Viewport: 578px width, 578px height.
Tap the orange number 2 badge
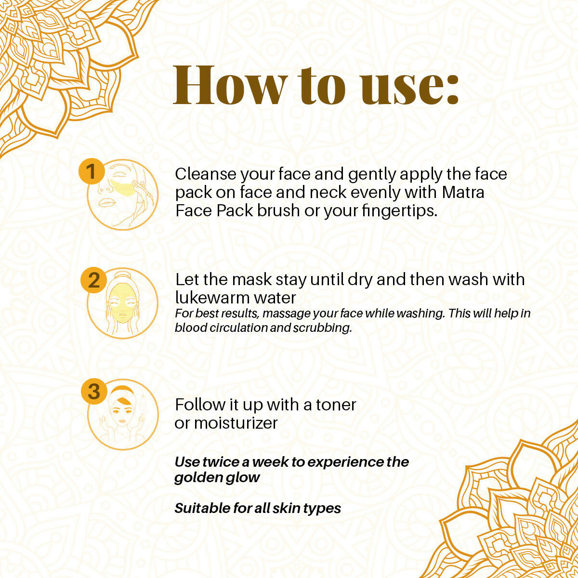coord(93,280)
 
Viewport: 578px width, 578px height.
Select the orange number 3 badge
coord(93,391)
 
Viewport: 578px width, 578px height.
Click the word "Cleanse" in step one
coord(206,174)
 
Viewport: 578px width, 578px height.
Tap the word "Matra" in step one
coord(463,192)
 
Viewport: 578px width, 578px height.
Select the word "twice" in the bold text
coord(220,462)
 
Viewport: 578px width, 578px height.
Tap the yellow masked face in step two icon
coord(122,303)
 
